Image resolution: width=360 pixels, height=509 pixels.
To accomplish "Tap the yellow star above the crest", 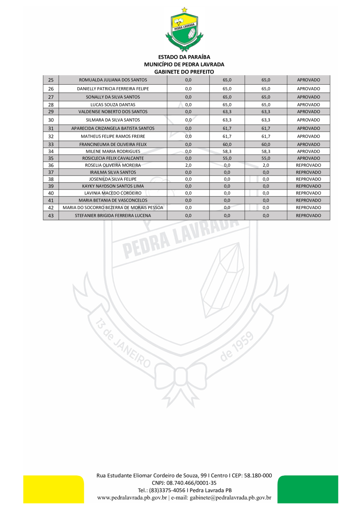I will pos(184,10).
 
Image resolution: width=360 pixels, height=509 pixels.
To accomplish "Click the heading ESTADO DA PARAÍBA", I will pos(184,57).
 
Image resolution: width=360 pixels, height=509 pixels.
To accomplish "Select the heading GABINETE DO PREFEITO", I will pos(184,72).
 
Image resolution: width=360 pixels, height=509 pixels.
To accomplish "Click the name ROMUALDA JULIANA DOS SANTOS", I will pos(113,80).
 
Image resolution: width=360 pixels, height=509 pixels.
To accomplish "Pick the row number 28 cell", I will pos(51,104).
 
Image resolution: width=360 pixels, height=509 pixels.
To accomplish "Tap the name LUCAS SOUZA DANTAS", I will pos(113,104).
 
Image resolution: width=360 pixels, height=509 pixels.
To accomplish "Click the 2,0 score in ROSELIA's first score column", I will pos(188,165).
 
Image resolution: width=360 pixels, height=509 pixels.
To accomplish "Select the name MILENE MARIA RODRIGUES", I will pos(113,152).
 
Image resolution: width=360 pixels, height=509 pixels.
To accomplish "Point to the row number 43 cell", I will pos(51,216).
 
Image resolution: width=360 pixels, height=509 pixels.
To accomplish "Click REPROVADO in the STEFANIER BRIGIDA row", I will pos(308,216).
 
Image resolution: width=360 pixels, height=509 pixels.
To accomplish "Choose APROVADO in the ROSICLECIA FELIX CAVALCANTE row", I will pos(308,158).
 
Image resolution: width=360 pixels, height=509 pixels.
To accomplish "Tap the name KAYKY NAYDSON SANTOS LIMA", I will pos(113,186).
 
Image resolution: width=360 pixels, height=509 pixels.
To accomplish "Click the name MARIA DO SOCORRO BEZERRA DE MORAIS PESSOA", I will pos(113,208).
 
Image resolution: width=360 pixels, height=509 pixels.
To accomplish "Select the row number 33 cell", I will pos(51,144).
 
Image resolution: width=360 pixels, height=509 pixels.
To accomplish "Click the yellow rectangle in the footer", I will pos(54,489).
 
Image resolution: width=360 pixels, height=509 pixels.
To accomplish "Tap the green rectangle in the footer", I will pos(308,489).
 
